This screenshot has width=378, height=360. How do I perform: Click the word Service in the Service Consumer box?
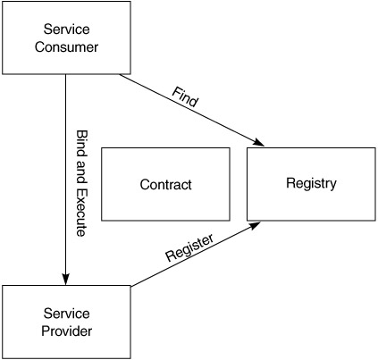[66, 29]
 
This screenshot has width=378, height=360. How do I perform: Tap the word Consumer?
[66, 47]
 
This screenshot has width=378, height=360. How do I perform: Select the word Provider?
[67, 331]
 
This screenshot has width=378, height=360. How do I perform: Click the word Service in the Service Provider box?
[66, 314]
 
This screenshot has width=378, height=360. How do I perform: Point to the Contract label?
[165, 185]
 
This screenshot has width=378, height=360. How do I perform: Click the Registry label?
[311, 183]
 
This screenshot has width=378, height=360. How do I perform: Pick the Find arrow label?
[185, 97]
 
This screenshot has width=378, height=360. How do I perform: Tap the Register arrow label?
[189, 247]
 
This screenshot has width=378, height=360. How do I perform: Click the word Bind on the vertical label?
[81, 144]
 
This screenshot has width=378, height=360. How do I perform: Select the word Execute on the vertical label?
[81, 213]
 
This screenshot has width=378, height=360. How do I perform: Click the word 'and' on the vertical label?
[81, 172]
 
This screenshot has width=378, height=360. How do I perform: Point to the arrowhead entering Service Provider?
[65, 280]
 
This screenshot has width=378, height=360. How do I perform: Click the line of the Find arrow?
[192, 110]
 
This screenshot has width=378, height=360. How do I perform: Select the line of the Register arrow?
[196, 254]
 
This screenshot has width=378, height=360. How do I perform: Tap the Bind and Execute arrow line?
[65, 180]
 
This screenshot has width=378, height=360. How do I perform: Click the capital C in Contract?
[144, 185]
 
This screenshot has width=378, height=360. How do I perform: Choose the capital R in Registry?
[290, 183]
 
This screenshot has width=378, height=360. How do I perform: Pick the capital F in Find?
[176, 92]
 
